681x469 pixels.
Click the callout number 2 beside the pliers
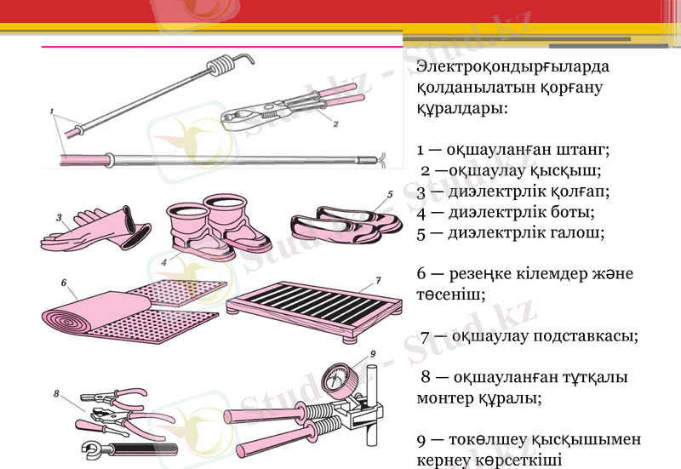pos(335,124)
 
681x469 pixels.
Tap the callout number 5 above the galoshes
pos(389,194)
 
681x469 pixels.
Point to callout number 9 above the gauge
pos(372,354)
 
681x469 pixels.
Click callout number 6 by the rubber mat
pos(64,280)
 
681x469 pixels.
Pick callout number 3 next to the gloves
pos(59,218)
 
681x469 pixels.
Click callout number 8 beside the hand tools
pos(56,394)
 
